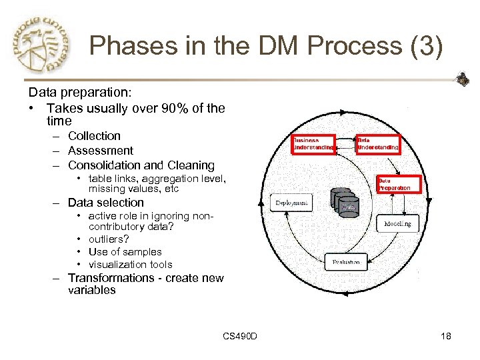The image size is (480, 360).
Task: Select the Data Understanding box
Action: coord(377,144)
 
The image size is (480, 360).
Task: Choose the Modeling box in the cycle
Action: coord(397,224)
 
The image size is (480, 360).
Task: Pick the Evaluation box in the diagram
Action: coord(346,262)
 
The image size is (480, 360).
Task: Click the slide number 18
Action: coord(445,336)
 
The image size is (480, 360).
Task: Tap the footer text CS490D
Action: coord(240,336)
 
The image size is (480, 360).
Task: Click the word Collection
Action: coord(94,136)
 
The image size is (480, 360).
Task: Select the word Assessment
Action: coord(101,151)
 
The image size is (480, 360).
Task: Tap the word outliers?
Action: coord(109,239)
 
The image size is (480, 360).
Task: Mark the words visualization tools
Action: coord(130,265)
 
